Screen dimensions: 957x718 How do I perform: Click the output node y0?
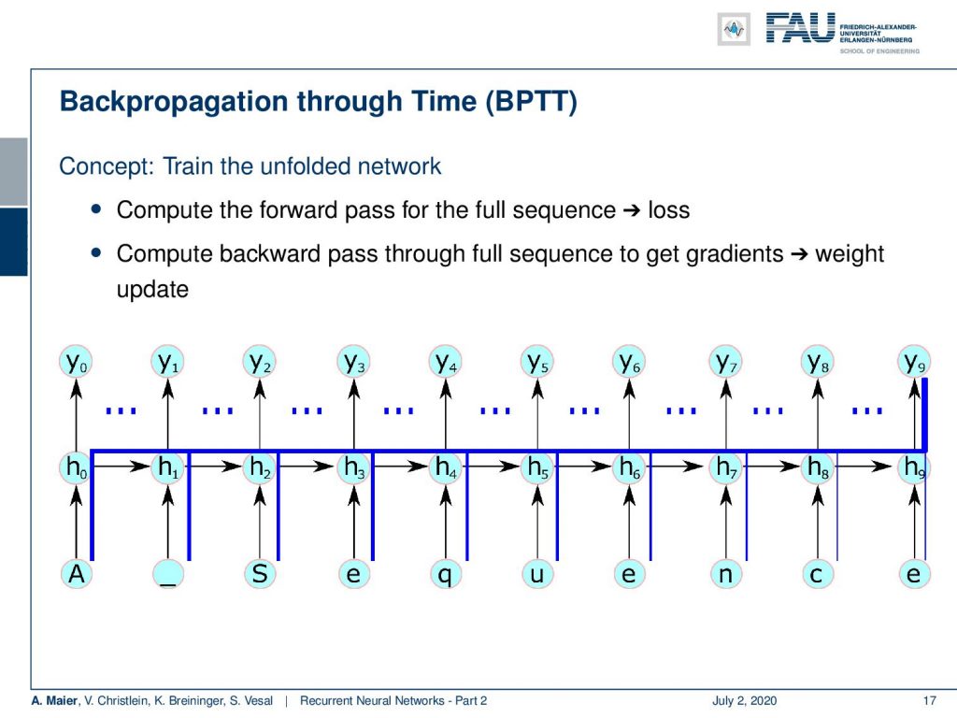point(77,362)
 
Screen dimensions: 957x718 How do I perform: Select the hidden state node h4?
point(446,467)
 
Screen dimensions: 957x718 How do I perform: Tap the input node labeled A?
point(77,574)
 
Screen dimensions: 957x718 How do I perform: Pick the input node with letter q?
point(446,574)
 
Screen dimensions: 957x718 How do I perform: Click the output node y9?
point(914,362)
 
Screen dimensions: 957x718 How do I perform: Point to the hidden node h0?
point(77,467)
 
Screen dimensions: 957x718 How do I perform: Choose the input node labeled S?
point(260,574)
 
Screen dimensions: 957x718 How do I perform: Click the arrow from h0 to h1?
point(122,467)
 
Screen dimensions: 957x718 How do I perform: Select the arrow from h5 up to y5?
point(537,414)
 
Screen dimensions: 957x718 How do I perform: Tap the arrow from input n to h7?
point(725,522)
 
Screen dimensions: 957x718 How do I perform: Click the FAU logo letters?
point(800,28)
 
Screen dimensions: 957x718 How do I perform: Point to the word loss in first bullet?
point(669,210)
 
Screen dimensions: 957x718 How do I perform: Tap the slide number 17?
point(930,700)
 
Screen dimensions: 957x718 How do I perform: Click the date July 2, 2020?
point(745,700)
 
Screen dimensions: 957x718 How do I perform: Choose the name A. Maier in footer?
point(55,700)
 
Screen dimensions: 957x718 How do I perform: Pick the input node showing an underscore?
point(168,574)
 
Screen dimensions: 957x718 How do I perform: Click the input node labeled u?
point(537,574)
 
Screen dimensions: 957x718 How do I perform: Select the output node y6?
point(629,362)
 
